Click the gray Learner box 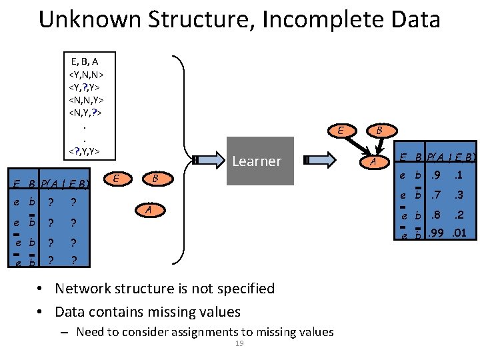point(260,161)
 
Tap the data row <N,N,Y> point(86,99)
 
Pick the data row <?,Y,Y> point(85,151)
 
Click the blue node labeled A point(150,210)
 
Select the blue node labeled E point(117,178)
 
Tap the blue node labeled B point(155,178)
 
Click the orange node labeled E point(341,131)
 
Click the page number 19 point(240,343)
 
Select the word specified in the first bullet point(246,289)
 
